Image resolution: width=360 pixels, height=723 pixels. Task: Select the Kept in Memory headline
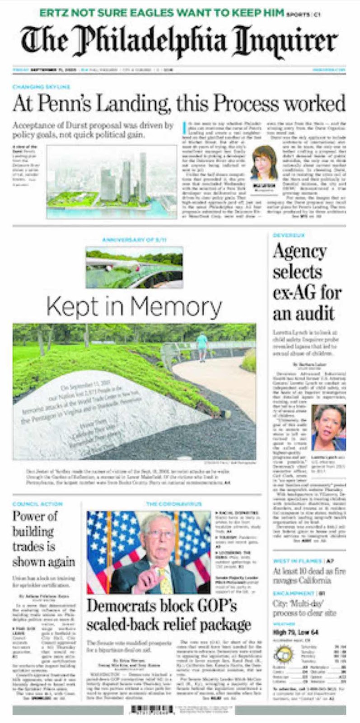[x=134, y=307]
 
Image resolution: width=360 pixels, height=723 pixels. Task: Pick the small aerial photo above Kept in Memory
[x=134, y=267]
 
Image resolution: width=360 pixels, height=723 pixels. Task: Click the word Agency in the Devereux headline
[x=299, y=251]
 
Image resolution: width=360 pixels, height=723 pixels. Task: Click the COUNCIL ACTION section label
[x=37, y=504]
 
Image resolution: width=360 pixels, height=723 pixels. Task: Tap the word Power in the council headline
[x=28, y=516]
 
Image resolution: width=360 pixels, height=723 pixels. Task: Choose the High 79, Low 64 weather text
[x=295, y=632]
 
